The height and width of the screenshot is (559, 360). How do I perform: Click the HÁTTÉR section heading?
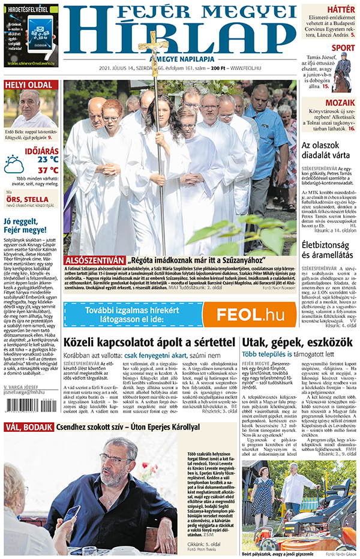341,8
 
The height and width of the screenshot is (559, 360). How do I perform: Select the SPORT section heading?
343,48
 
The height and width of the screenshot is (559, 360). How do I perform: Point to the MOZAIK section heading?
340,103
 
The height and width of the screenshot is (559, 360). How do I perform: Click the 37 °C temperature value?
47,170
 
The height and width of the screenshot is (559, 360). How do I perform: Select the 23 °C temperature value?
47,160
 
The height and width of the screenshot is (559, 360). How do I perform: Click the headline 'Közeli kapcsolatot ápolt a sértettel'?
149,342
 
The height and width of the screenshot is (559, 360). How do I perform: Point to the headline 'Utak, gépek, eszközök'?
295,342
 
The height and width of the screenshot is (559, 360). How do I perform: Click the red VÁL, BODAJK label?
28,427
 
